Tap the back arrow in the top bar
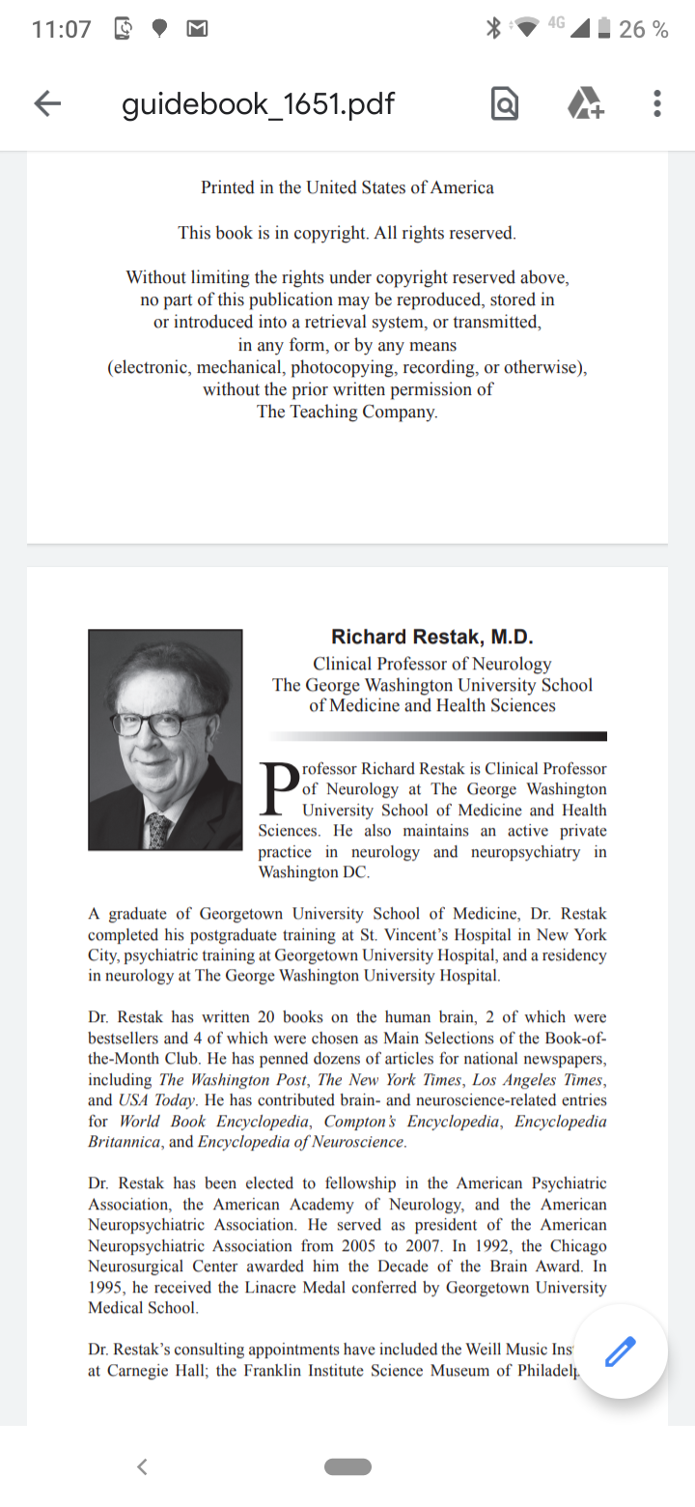click(47, 104)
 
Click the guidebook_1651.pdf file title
click(258, 104)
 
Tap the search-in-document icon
click(504, 104)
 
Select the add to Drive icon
click(584, 104)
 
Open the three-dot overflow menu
click(656, 104)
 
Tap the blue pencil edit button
click(621, 1351)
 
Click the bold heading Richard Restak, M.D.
click(431, 637)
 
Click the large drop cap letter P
click(279, 788)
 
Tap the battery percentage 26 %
click(643, 29)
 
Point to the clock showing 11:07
click(61, 29)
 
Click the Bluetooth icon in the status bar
click(493, 29)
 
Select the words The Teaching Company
click(347, 412)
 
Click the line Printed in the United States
click(347, 187)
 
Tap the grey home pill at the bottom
click(347, 1466)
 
